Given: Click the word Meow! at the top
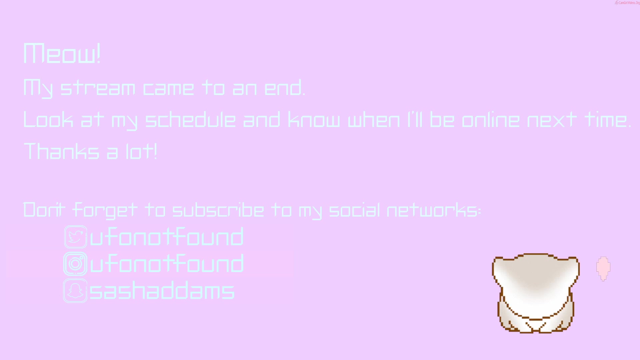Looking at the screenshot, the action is click(62, 54).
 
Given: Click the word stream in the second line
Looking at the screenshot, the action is click(98, 88).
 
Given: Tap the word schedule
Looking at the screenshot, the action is click(191, 120).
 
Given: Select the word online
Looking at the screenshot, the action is click(491, 120).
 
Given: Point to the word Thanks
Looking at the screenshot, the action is click(61, 151).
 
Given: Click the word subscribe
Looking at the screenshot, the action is click(218, 210).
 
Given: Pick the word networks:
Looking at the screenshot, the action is click(434, 210).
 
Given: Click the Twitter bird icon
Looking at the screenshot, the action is click(76, 237).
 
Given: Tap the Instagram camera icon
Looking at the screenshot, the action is click(76, 264).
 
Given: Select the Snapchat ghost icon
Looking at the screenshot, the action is click(75, 291).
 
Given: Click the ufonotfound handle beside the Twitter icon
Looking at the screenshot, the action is click(167, 237).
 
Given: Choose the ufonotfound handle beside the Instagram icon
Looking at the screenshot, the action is click(167, 263).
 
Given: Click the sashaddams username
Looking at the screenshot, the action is click(162, 290).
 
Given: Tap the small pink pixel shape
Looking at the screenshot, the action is click(603, 268).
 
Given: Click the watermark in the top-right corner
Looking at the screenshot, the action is click(627, 3).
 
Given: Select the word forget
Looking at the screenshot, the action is click(105, 210).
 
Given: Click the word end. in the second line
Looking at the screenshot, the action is click(285, 88).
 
